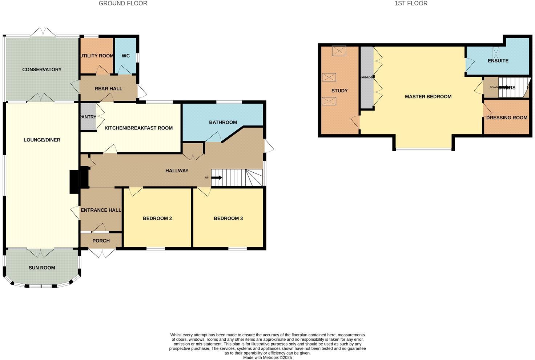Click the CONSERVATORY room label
[x=42, y=69]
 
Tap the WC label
[x=125, y=56]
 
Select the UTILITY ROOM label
[x=97, y=56]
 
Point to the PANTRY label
[x=88, y=117]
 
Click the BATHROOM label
[x=223, y=122]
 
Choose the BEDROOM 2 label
[x=157, y=218]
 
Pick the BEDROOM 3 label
[x=228, y=218]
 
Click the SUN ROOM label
[x=42, y=268]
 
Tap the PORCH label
[x=101, y=241]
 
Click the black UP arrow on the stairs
[x=217, y=177]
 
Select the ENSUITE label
[x=498, y=61]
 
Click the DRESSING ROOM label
[x=506, y=117]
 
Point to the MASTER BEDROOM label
[x=428, y=97]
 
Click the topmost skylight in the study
[x=339, y=51]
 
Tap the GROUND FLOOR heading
[x=123, y=3]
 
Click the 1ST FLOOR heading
[x=411, y=3]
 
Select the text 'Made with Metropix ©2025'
[x=267, y=357]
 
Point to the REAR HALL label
[x=108, y=88]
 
